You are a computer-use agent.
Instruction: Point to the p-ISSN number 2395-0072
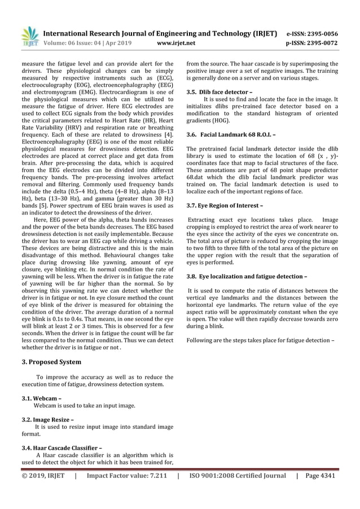coord(322,42)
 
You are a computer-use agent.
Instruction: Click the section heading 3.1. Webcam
coord(41,398)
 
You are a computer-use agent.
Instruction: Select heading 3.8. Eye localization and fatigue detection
coord(247,277)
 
